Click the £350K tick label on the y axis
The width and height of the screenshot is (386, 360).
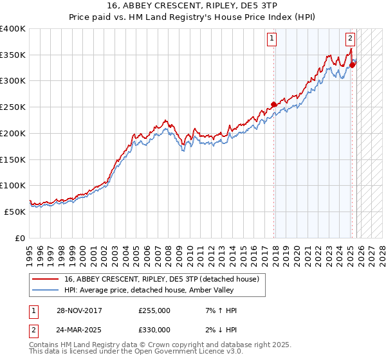tap(13, 55)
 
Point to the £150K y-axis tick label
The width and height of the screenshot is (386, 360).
tap(13, 159)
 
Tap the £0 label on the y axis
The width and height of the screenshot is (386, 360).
tap(20, 238)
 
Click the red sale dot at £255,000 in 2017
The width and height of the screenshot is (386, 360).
tap(274, 104)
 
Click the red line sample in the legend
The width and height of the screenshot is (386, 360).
tap(46, 279)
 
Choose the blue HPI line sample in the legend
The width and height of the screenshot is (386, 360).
tap(46, 291)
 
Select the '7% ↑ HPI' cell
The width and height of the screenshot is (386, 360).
tap(219, 310)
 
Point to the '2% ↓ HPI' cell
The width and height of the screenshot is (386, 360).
tap(219, 330)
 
